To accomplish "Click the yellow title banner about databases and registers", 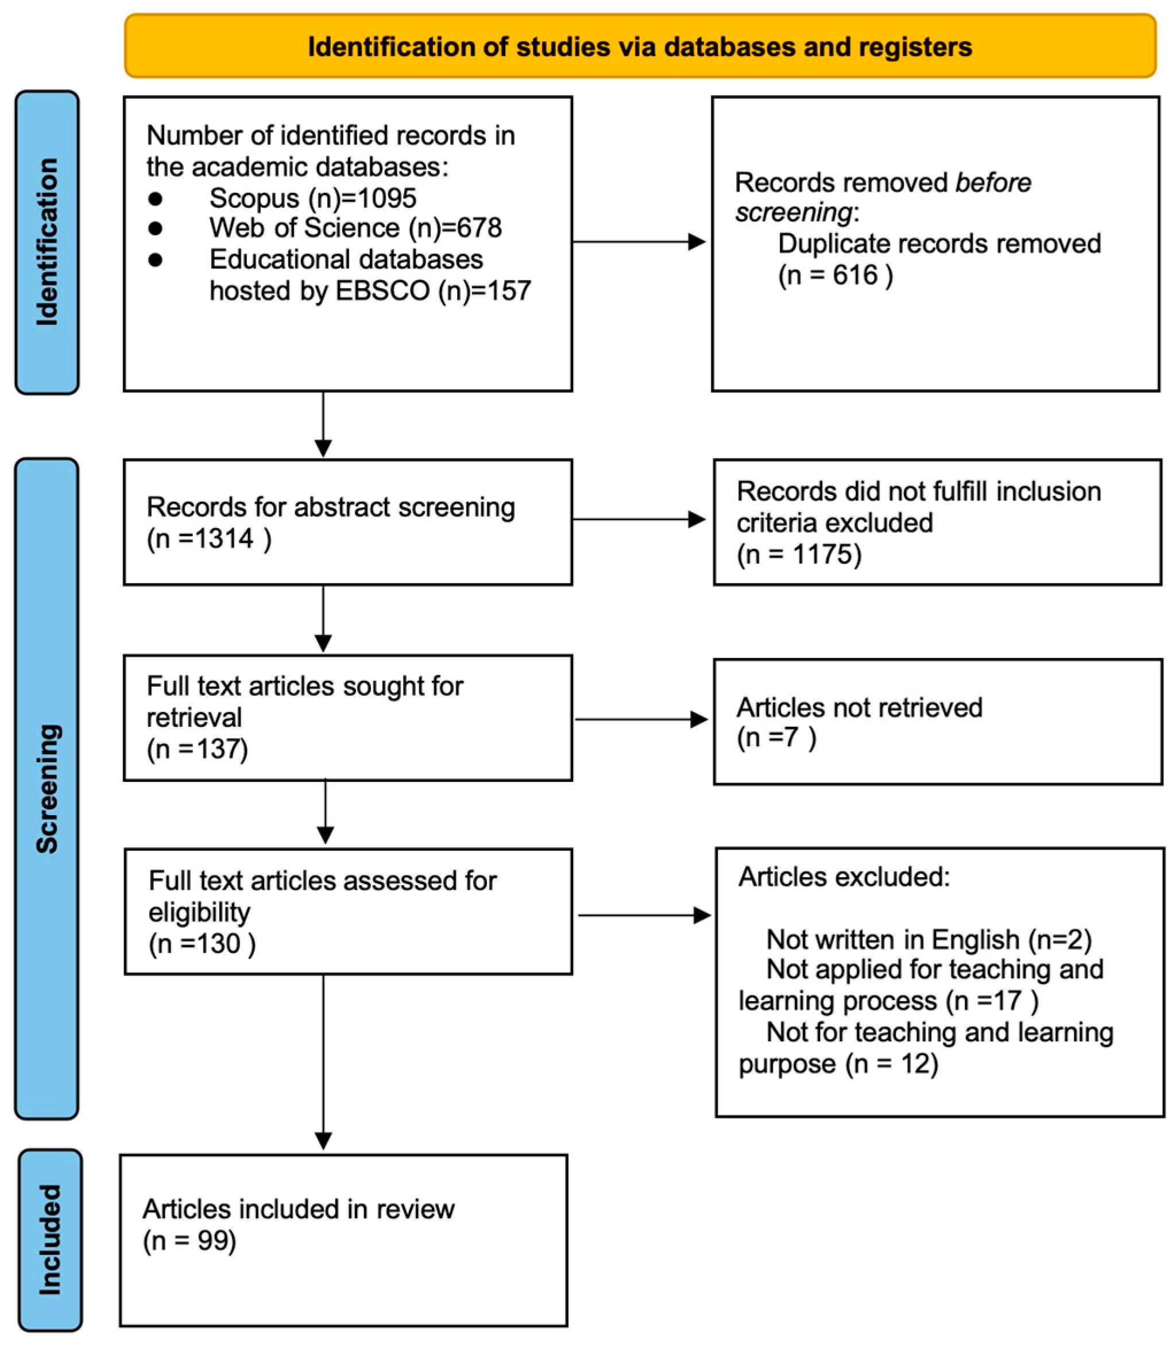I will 640,46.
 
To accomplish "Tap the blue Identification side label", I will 47,242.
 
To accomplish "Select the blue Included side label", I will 50,1240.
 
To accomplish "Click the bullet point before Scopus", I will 156,198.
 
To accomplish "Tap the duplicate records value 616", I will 855,275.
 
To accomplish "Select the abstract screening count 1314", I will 225,538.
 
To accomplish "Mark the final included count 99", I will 212,1240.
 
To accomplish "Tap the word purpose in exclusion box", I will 786,1064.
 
